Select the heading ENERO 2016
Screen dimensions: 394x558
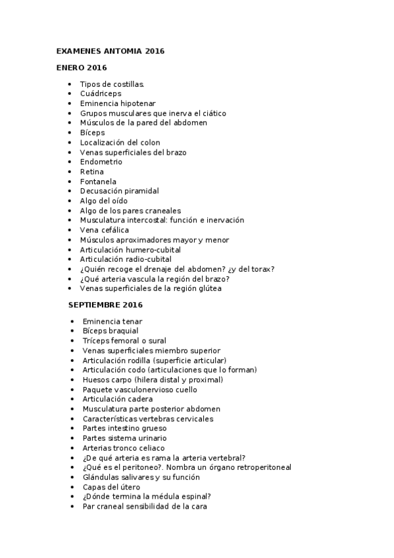(x=81, y=67)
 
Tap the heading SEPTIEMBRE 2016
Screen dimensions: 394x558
(x=105, y=305)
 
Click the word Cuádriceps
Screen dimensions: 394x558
(x=101, y=93)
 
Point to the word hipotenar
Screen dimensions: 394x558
(x=137, y=103)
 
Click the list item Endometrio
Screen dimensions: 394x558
(x=101, y=162)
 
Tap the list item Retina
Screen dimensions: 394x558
(x=92, y=172)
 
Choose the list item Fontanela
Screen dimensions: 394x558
(x=98, y=182)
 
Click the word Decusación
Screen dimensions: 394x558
(x=103, y=191)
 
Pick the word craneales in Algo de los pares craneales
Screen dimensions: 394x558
(x=162, y=211)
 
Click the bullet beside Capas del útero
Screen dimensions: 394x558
(x=72, y=488)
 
